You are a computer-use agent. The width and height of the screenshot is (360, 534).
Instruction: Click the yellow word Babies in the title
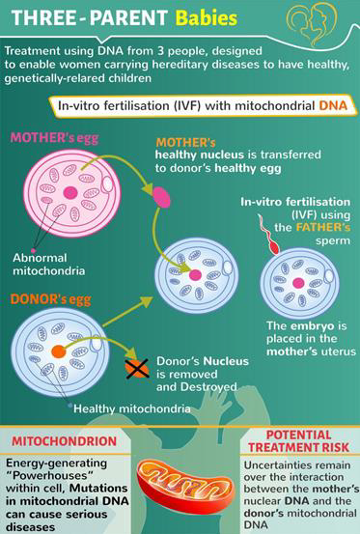pos(207,18)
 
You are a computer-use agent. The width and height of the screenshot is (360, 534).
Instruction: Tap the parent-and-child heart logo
pos(312,24)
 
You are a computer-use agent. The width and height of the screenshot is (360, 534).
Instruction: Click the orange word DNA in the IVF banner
pos(333,105)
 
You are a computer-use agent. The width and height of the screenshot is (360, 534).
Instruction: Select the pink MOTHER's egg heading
pos(54,138)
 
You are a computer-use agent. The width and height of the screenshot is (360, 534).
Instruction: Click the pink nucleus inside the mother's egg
pos(70,192)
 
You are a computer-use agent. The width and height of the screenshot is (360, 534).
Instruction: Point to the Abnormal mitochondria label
pos(48,264)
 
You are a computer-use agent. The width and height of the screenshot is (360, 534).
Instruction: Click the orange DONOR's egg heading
pos(51,299)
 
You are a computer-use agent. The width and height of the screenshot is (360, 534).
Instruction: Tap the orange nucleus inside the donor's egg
pos(59,351)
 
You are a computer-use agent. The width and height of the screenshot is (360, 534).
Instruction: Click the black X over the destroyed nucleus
pos(137,369)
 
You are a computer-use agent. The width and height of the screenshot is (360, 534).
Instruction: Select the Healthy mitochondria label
pos(132,408)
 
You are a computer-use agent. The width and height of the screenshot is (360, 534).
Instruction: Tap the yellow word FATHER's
pos(323,227)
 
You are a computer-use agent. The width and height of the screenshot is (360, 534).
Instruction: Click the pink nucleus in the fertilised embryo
pos(298,283)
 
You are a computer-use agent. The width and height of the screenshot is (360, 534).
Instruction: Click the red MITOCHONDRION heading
pos(65,441)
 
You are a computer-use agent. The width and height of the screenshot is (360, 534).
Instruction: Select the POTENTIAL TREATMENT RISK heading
pos(298,441)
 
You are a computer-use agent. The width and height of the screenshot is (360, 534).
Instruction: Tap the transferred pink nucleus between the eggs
pos(161,197)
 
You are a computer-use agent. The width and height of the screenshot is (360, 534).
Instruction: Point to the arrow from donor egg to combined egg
pos(128,311)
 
